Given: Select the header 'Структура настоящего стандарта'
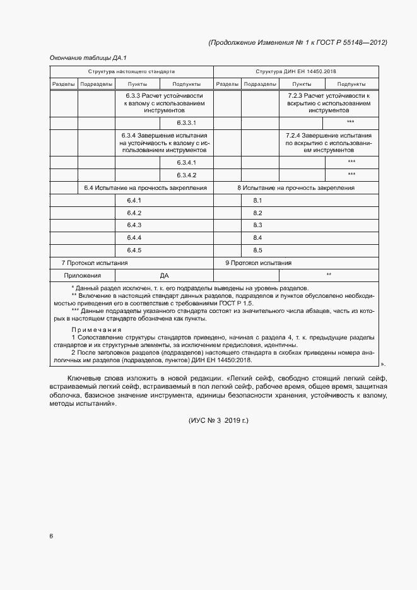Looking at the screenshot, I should coord(131,71).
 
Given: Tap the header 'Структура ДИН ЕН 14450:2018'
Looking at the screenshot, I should coord(296,71).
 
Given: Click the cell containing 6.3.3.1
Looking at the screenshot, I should coord(186,122).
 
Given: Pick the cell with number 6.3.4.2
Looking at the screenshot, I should coord(186,175).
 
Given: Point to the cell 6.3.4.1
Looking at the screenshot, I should coord(186,162).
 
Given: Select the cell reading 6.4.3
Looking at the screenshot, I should coord(134,225).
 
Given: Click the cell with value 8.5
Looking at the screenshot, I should coord(257,250).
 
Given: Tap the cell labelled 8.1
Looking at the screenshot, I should coord(257,200).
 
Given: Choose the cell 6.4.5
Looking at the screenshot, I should coord(134,250).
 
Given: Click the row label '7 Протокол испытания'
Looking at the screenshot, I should coord(94,263).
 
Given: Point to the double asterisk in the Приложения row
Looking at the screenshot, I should coord(329,275).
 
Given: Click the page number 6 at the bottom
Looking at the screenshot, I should coord(51,536).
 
